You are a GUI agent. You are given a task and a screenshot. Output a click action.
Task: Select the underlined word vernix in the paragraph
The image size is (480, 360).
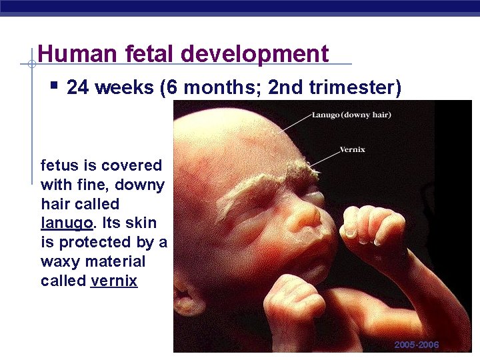(x=114, y=281)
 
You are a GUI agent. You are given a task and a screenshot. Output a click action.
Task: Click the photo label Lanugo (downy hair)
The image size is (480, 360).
(x=351, y=115)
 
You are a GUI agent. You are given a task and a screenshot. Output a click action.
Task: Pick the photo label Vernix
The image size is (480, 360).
(x=352, y=149)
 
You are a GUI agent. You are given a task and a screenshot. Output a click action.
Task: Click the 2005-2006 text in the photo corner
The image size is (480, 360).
(x=417, y=345)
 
